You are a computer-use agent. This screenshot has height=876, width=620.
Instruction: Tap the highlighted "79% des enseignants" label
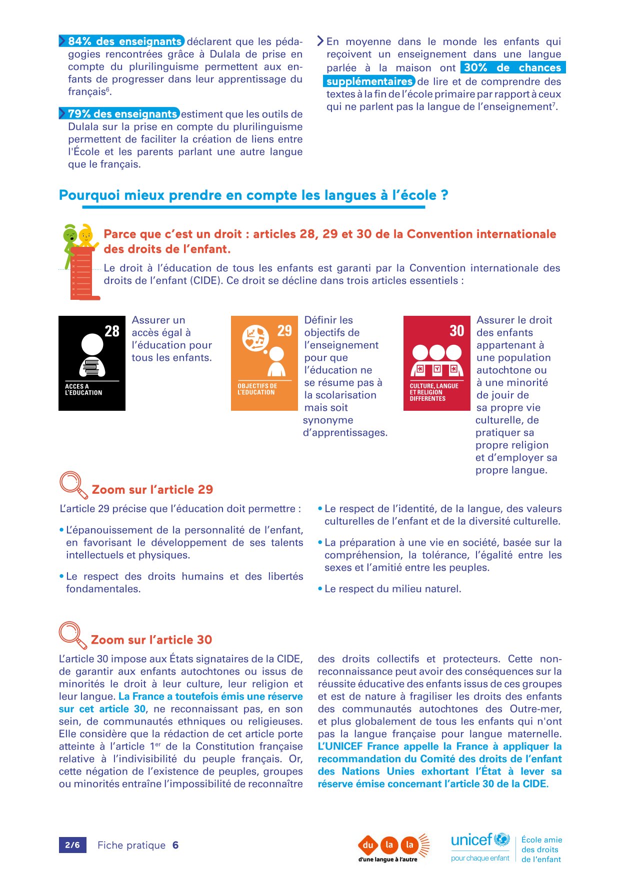tap(122, 114)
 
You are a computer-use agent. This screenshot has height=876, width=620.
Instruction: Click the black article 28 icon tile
tap(92, 363)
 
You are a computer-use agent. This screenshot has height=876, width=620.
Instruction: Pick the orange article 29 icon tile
tap(264, 363)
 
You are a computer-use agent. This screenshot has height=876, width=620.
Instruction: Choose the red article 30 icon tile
tap(436, 363)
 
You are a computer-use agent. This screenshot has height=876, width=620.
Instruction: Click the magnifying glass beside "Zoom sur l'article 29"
tap(73, 484)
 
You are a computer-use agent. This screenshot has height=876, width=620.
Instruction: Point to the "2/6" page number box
tap(72, 845)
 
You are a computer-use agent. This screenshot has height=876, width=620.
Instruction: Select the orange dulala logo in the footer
tap(393, 846)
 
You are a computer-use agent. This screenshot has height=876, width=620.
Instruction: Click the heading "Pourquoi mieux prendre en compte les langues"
tap(253, 195)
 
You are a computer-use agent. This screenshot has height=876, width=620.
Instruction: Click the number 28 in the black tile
tap(112, 331)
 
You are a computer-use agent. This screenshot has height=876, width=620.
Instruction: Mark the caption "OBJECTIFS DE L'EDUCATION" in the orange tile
tap(257, 389)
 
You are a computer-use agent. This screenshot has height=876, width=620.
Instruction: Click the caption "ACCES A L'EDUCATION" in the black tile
tap(83, 390)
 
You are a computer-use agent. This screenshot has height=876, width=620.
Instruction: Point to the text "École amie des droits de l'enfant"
tap(541, 850)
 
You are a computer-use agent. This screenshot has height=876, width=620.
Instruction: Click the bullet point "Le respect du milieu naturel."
tap(392, 589)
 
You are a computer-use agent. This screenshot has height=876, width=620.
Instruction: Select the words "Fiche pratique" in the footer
tap(131, 845)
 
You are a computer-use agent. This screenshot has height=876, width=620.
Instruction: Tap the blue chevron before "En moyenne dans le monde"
tap(320, 41)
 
